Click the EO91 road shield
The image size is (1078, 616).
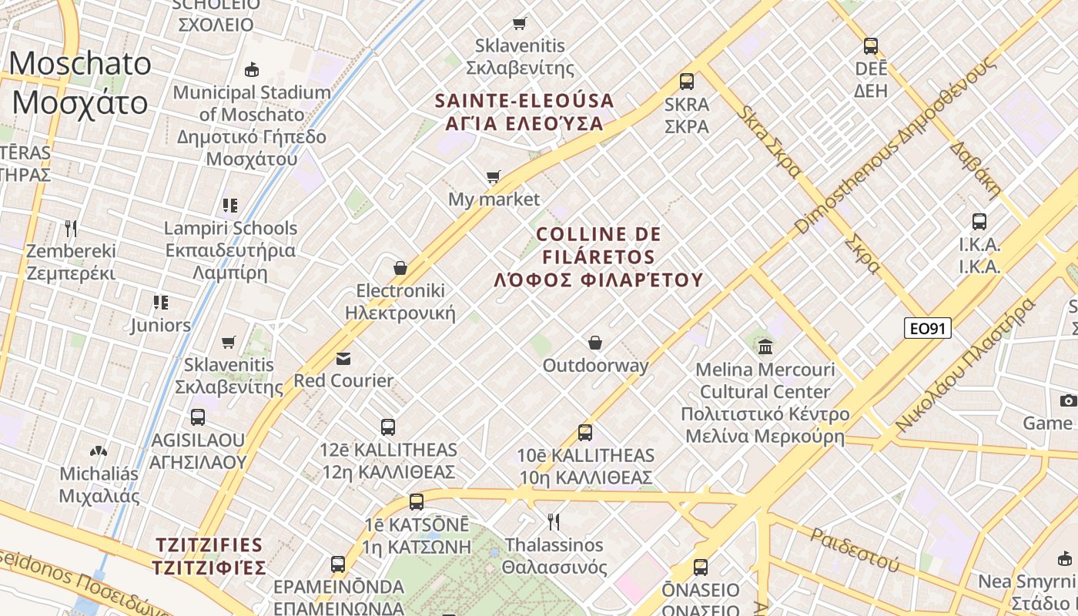927,329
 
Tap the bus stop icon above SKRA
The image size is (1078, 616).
686,81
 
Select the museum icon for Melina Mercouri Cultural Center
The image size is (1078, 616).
765,346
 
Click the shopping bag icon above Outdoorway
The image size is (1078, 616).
595,342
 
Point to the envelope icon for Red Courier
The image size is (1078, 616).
343,358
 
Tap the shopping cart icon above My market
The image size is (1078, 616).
494,177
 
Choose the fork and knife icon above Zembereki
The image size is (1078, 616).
71,228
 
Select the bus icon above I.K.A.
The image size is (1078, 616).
979,222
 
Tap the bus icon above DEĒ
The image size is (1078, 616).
870,45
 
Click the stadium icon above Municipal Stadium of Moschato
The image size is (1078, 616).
251,70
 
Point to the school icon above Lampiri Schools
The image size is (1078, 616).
229,205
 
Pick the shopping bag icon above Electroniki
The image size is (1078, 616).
400,268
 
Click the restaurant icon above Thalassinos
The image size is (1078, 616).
553,522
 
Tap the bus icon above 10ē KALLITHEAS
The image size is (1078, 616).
585,432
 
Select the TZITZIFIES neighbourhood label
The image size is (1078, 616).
209,557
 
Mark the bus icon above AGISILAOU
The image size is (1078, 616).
198,417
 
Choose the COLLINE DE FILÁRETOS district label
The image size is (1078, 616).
598,257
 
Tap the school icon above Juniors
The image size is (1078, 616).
160,302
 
